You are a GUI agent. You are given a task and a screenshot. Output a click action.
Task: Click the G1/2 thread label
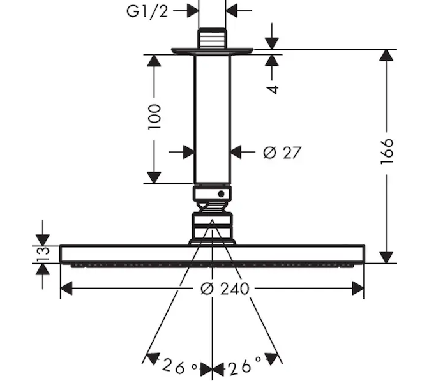(147, 11)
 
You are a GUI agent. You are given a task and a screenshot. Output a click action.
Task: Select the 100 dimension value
(154, 117)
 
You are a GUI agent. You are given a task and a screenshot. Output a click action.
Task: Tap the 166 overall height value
(387, 151)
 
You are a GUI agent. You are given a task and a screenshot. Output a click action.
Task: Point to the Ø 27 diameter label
(282, 153)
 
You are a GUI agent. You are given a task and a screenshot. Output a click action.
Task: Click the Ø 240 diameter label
(225, 289)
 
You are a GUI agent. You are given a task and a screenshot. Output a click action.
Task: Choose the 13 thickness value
(43, 253)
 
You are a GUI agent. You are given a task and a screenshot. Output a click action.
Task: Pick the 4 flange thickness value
(272, 89)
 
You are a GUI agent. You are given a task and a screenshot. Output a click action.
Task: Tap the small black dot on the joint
(221, 194)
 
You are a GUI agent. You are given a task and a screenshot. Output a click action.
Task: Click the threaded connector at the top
(212, 38)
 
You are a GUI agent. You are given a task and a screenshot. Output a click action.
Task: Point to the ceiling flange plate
(212, 51)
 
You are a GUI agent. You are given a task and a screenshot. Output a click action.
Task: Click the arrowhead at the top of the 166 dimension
(386, 55)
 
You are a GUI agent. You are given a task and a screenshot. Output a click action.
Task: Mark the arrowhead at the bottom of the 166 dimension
(386, 257)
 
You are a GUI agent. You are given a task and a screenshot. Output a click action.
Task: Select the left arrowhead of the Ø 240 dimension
(66, 289)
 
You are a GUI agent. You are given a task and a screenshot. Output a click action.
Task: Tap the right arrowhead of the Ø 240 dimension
(358, 289)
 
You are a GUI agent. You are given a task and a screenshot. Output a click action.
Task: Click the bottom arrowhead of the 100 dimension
(154, 177)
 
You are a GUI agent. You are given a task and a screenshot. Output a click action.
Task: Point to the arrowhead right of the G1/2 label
(193, 11)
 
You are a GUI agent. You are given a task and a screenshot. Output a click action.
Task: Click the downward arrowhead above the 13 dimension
(43, 240)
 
